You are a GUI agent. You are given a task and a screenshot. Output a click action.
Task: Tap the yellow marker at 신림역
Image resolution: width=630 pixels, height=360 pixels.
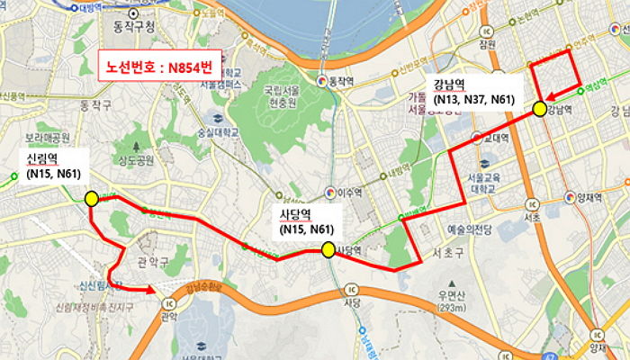pyautogui.click(x=91, y=198)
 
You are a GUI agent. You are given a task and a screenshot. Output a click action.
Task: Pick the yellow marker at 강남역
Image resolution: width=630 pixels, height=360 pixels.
pyautogui.click(x=539, y=109)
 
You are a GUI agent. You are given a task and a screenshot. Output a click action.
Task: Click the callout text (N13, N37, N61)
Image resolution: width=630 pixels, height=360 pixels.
pyautogui.click(x=473, y=98)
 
